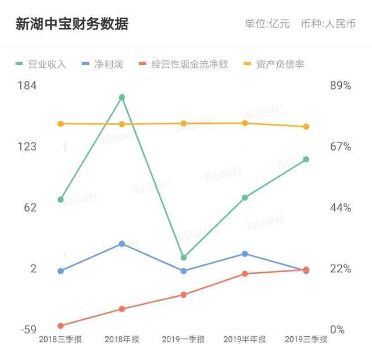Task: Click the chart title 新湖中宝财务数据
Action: click(x=72, y=24)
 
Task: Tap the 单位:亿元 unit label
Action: click(x=267, y=24)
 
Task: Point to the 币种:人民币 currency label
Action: click(x=328, y=24)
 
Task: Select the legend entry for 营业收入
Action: click(x=41, y=64)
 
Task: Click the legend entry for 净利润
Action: click(x=103, y=64)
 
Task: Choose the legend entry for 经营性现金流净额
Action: click(x=184, y=64)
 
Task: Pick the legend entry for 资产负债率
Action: click(x=274, y=64)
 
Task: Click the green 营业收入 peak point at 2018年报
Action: click(x=122, y=97)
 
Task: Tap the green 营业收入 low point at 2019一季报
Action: click(x=184, y=257)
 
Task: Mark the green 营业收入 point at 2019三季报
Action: click(x=306, y=159)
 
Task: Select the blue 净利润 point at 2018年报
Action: click(x=122, y=244)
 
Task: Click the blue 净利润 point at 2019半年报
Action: click(x=245, y=254)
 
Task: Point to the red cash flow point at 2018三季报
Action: click(x=60, y=326)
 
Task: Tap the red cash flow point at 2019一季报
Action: click(x=184, y=295)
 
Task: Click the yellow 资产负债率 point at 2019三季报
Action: click(x=306, y=127)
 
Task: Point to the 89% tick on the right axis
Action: click(x=341, y=85)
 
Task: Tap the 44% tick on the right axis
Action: click(x=341, y=208)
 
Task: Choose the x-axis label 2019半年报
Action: click(x=245, y=340)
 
